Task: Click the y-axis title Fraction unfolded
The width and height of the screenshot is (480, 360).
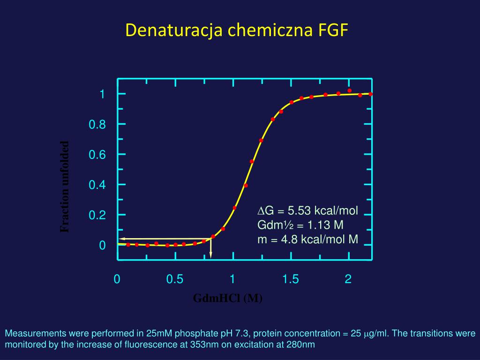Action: (x=65, y=187)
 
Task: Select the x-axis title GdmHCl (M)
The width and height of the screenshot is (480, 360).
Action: (x=228, y=299)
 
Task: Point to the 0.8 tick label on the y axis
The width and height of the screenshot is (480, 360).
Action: (x=97, y=125)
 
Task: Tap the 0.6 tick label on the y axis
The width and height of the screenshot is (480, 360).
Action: (x=97, y=155)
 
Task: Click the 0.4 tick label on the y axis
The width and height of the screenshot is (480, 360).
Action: (x=97, y=185)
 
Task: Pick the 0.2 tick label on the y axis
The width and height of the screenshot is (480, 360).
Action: (x=97, y=216)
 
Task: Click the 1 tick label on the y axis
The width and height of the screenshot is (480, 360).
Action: (x=102, y=94)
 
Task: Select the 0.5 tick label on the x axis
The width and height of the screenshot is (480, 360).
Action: (x=174, y=279)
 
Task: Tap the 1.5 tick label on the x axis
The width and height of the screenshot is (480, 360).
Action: (x=290, y=279)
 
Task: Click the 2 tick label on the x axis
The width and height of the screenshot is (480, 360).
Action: (x=348, y=279)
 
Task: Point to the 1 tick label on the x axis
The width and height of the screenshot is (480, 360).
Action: (x=232, y=279)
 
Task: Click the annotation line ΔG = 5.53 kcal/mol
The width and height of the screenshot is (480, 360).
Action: (x=308, y=211)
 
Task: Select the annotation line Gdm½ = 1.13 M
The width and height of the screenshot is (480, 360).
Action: (x=300, y=225)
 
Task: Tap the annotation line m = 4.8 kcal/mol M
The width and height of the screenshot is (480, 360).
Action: (x=307, y=240)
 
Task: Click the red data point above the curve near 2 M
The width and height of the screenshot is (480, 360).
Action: (x=349, y=90)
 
